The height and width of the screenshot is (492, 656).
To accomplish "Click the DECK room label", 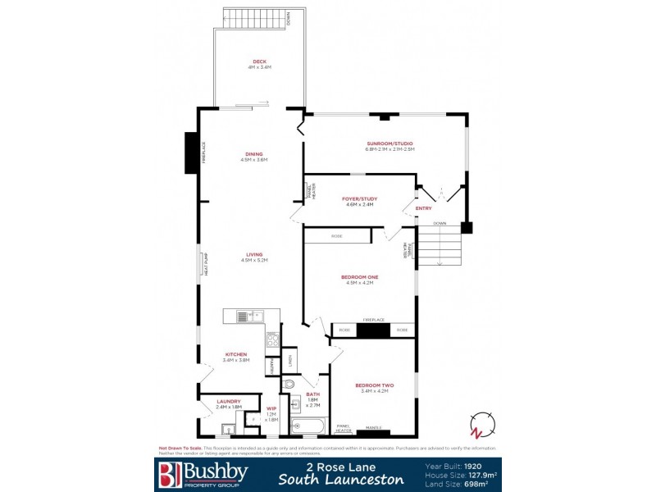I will tap(259, 61).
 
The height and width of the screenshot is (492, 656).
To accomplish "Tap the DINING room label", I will tap(254, 154).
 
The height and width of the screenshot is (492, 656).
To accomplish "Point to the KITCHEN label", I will tap(235, 354).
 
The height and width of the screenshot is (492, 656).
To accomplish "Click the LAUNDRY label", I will tap(229, 401).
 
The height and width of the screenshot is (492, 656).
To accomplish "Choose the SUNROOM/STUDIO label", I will tap(390, 144).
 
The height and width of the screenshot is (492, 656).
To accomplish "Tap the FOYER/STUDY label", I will tap(358, 198).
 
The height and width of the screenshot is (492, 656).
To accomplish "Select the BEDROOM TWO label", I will tap(374, 385).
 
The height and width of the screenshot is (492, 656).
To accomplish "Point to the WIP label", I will tap(271, 408).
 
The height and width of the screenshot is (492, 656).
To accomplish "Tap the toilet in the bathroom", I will tap(289, 384).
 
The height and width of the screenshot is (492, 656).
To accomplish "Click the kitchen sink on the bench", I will tap(249, 316).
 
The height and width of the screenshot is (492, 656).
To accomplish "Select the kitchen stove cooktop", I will tap(272, 339).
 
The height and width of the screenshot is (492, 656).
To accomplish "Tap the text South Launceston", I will tap(341, 480).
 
